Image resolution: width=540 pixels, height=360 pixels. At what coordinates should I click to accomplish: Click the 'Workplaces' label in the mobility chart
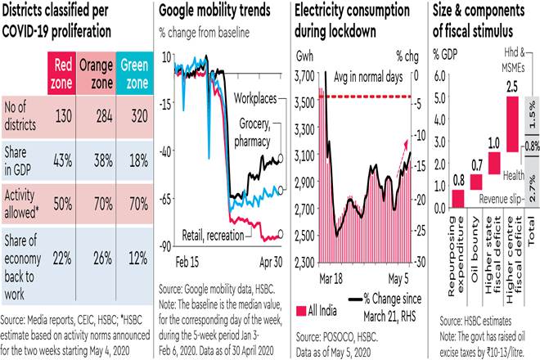253,97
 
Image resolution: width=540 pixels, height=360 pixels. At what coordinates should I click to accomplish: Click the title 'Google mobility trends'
214,14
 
